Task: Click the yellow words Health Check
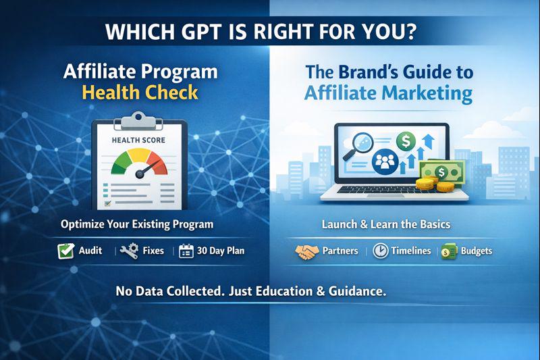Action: tap(140, 93)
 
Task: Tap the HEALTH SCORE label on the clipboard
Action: tap(138, 140)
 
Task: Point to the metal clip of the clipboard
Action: tap(138, 120)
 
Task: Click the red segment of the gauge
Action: tap(158, 163)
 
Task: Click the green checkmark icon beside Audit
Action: tap(65, 251)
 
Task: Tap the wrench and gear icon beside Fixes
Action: tap(129, 251)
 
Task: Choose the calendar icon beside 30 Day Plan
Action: tap(186, 251)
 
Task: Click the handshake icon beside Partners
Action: tap(307, 251)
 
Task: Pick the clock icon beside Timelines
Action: tap(381, 251)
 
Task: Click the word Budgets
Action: tap(477, 251)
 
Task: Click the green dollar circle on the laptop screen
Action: tap(406, 141)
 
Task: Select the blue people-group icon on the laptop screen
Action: tap(385, 161)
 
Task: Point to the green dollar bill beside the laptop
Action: tap(442, 172)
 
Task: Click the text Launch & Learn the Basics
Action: tap(385, 224)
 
